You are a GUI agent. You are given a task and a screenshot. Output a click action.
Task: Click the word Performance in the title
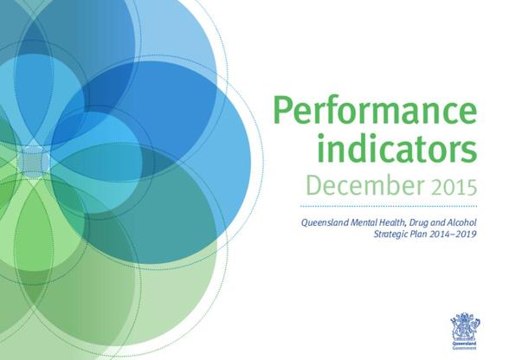click(x=376, y=111)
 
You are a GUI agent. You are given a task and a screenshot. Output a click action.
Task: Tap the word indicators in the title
click(x=397, y=150)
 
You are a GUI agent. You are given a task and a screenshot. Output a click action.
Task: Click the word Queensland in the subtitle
click(x=320, y=223)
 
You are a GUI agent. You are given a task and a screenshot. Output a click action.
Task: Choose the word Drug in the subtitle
click(x=399, y=223)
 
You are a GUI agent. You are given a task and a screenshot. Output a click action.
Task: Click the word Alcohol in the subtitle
click(x=462, y=222)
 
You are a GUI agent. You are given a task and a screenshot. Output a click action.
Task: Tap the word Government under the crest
click(x=465, y=348)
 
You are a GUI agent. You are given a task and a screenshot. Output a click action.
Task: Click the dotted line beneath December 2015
click(x=389, y=206)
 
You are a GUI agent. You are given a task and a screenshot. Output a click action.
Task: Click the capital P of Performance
click(x=283, y=111)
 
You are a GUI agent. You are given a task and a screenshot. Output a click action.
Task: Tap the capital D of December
click(x=314, y=185)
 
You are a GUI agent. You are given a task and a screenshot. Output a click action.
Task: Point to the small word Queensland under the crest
click(x=465, y=344)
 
